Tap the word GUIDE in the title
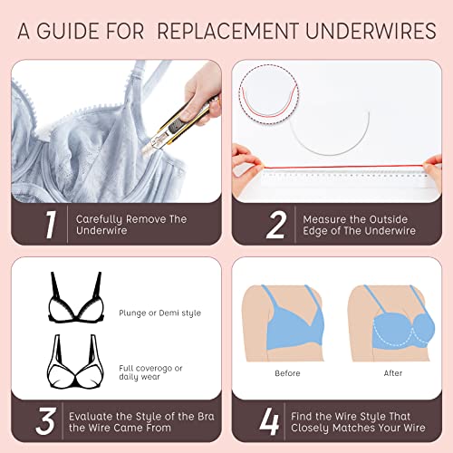point(75,32)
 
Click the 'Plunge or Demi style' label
point(159,313)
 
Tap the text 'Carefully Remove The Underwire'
point(131,226)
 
